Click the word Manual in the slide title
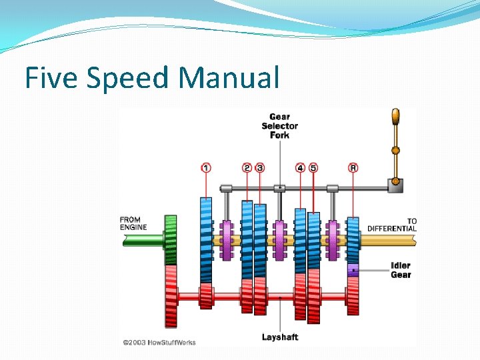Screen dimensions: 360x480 click(228, 78)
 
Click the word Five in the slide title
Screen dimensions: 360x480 click(51, 78)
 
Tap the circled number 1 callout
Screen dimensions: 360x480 click(206, 168)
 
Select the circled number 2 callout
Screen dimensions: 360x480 click(247, 168)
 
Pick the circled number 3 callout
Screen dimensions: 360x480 click(260, 168)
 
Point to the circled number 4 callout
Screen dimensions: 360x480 click(300, 168)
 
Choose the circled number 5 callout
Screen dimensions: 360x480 click(313, 168)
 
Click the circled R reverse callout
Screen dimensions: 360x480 click(353, 168)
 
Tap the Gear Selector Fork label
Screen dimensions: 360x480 click(279, 126)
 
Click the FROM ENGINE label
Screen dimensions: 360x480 click(134, 223)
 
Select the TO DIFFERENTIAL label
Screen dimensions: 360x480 click(393, 225)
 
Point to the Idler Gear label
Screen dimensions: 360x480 click(401, 270)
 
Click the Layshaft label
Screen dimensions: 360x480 click(279, 337)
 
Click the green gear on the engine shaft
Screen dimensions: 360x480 click(171, 239)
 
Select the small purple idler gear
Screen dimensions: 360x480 click(353, 270)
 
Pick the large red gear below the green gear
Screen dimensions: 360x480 click(171, 295)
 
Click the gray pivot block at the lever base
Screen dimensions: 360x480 click(396, 186)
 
